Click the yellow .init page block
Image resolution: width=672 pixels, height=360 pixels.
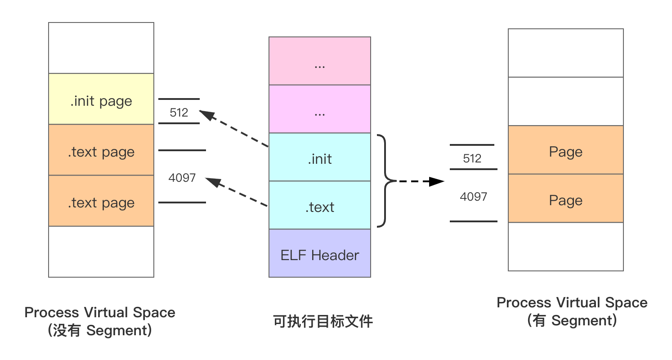pyautogui.click(x=101, y=99)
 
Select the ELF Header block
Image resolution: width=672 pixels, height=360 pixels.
pyautogui.click(x=320, y=253)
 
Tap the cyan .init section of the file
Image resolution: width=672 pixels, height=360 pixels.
pyautogui.click(x=320, y=157)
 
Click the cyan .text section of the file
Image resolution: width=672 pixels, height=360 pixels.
pyautogui.click(x=320, y=206)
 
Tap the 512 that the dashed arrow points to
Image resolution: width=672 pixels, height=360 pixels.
pyautogui.click(x=179, y=112)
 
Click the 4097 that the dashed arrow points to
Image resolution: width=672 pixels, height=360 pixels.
pyautogui.click(x=182, y=178)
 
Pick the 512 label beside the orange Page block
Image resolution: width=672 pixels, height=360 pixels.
pyautogui.click(x=472, y=158)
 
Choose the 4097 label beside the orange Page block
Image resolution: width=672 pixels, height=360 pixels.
pyautogui.click(x=474, y=197)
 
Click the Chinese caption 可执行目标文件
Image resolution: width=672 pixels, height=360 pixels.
pyautogui.click(x=323, y=322)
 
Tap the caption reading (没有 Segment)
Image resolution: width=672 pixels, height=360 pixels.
pyautogui.click(x=100, y=331)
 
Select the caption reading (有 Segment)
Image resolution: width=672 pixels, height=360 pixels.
pyautogui.click(x=572, y=321)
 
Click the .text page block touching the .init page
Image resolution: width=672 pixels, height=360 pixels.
pyautogui.click(x=101, y=150)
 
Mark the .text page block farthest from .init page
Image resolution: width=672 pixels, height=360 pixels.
pyautogui.click(x=101, y=201)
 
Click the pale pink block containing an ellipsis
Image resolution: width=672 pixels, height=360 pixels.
pyautogui.click(x=320, y=61)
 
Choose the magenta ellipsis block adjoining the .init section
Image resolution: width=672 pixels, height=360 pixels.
pyautogui.click(x=320, y=109)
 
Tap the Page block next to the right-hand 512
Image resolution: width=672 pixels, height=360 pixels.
pyautogui.click(x=566, y=150)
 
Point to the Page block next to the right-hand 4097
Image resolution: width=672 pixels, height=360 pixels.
pyautogui.click(x=566, y=198)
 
